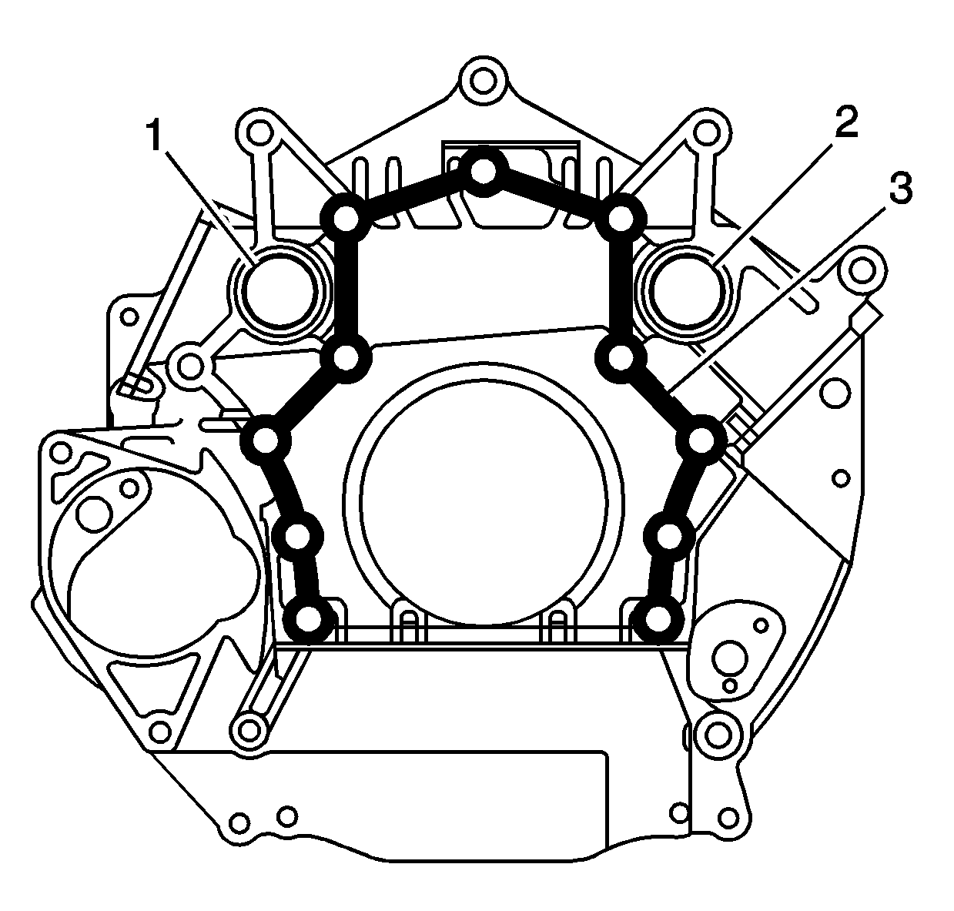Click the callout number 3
pyautogui.click(x=901, y=188)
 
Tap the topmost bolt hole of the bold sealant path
pyautogui.click(x=483, y=172)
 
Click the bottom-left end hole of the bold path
pyautogui.click(x=309, y=619)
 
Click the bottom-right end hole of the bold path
pyautogui.click(x=657, y=619)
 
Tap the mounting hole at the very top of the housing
pyautogui.click(x=484, y=81)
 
